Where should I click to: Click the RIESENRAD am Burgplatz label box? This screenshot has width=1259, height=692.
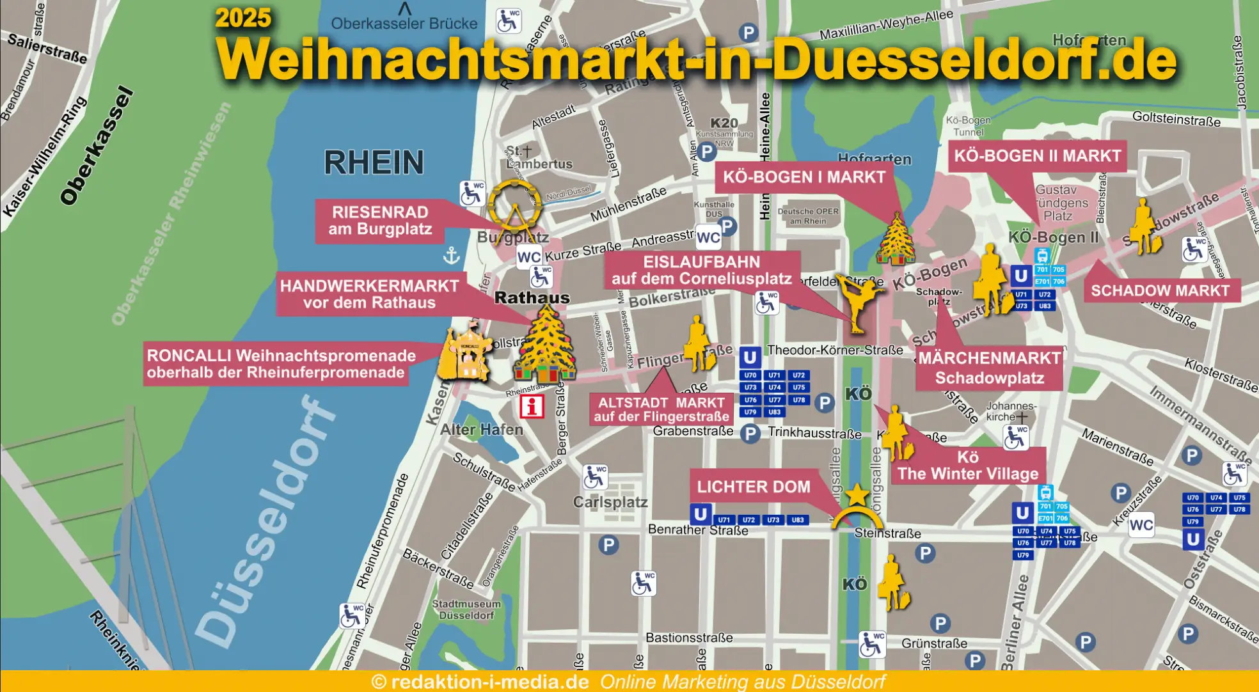[x=380, y=221]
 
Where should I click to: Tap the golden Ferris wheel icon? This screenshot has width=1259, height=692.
[x=514, y=206]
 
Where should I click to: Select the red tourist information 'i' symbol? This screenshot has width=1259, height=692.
[x=532, y=406]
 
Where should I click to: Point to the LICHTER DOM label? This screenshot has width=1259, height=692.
[x=753, y=487]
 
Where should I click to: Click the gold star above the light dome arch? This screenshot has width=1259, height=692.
[x=857, y=494]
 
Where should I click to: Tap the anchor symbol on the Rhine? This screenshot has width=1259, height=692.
[x=452, y=255]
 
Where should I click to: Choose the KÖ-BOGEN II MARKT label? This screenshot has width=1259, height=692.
[x=1037, y=156]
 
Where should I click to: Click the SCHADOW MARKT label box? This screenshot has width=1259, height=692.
[x=1160, y=290]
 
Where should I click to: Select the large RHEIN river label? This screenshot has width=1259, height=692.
[x=374, y=162]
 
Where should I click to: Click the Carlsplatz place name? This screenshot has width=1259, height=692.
[x=610, y=502]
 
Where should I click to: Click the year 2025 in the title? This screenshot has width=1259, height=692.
[x=243, y=17]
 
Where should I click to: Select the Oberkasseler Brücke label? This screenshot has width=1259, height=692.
[x=404, y=24]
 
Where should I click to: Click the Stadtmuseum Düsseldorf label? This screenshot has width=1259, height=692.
[x=466, y=609]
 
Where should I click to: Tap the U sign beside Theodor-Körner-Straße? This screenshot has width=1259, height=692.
[x=750, y=357]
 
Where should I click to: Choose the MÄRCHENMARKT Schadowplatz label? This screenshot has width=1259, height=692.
[x=989, y=368]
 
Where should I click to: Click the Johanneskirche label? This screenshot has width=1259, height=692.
[x=1010, y=411]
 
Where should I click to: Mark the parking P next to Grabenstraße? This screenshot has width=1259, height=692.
[x=750, y=434]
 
